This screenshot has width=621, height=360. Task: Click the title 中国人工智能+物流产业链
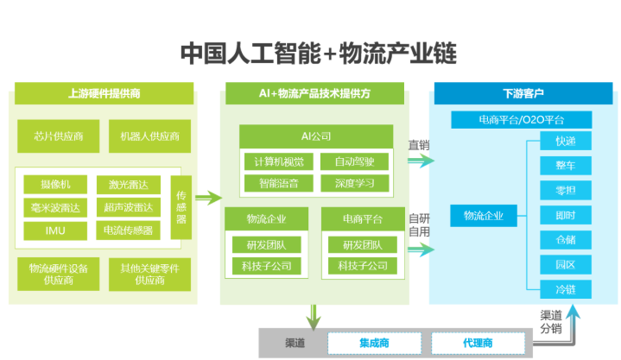(x=317, y=54)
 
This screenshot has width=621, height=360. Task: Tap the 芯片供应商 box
(x=57, y=136)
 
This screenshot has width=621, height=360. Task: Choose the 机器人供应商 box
(x=149, y=136)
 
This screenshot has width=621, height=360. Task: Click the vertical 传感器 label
(x=181, y=207)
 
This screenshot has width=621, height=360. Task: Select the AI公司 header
(x=315, y=136)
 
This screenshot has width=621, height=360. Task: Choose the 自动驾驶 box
(x=355, y=161)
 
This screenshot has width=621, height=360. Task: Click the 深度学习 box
(x=355, y=183)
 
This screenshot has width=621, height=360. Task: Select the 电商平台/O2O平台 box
(x=522, y=119)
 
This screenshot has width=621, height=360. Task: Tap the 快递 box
(x=566, y=141)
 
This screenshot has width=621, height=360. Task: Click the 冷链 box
(x=566, y=289)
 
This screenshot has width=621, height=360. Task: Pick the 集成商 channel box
(x=373, y=343)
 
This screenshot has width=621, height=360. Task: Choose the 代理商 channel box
(x=477, y=343)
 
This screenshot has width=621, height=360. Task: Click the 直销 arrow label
(x=419, y=145)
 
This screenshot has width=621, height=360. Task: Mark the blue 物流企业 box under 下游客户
(x=484, y=215)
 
